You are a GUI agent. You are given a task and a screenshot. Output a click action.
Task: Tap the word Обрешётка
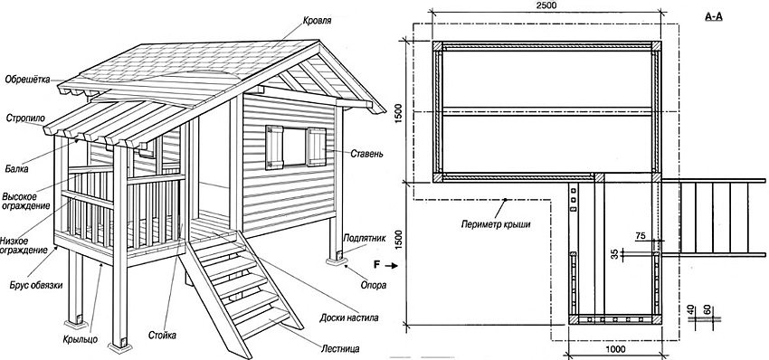coord(27,77)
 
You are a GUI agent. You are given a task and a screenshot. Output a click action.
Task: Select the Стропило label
coord(25,118)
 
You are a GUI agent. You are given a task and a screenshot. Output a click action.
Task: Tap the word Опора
coord(372,286)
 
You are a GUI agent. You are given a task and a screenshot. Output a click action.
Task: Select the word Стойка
coord(163,336)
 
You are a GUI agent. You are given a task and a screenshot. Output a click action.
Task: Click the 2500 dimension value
coord(546,6)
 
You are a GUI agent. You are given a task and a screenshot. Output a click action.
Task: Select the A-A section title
coord(713,16)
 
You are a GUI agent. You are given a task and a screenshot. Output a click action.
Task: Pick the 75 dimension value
coord(641,235)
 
